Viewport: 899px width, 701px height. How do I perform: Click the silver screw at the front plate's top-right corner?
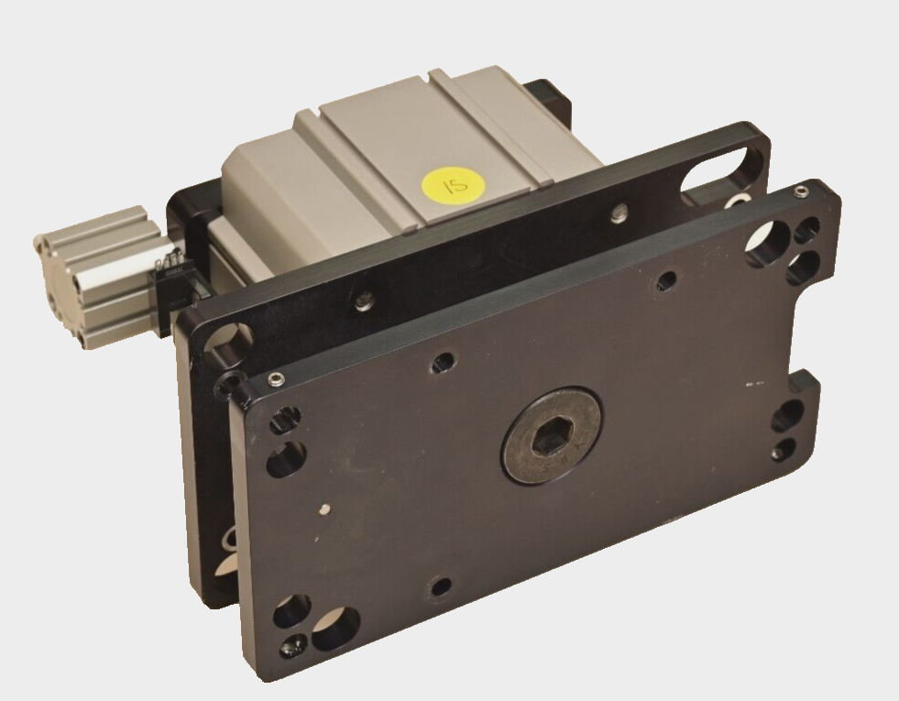803,192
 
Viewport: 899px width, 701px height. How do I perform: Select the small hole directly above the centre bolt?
446,362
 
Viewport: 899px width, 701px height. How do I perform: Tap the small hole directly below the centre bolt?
442,585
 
